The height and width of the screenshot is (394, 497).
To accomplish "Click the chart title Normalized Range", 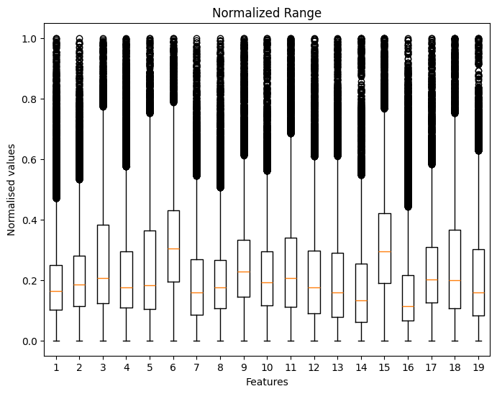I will coord(267,12).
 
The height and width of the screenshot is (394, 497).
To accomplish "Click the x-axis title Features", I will coord(267,382).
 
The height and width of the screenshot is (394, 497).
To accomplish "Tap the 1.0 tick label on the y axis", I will coord(31,38).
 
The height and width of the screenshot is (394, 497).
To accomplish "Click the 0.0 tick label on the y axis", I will coord(31,341).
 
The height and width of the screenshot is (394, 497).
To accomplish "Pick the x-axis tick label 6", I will coord(173,367).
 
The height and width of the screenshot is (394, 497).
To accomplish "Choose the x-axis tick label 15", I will coord(384,367).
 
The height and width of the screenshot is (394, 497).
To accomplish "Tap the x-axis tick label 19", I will coord(478,367).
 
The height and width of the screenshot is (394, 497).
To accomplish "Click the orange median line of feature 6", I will coord(173,249).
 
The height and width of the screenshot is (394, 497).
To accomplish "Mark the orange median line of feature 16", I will coord(408,306).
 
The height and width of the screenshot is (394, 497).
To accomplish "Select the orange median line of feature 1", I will coord(56,291).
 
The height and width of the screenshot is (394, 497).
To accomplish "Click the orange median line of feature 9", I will coord(244,272).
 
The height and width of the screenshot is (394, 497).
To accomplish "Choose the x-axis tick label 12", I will coord(314,367).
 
